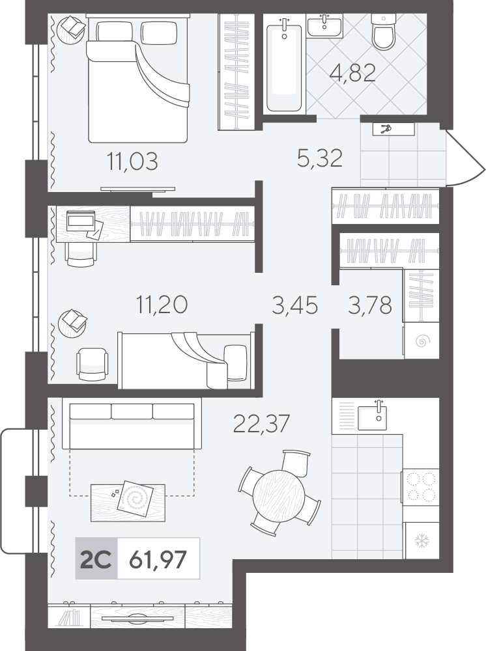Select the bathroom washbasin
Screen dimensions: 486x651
[x=325, y=26]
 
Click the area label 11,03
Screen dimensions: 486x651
[x=133, y=161]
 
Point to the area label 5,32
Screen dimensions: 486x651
[x=320, y=158]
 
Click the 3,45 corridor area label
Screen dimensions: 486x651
[x=295, y=305]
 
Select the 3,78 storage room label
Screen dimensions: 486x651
[x=369, y=305]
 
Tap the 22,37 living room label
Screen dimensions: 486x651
[x=261, y=424]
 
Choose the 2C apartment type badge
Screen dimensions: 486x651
[x=96, y=559]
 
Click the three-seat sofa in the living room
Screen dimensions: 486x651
[x=132, y=424]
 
